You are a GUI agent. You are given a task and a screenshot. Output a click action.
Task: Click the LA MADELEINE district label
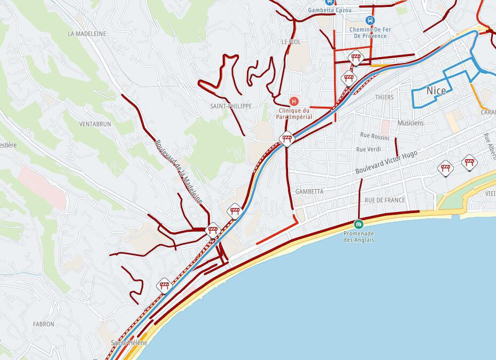pos(87,33)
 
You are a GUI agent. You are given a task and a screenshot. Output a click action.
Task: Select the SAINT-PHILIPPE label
pos(231,106)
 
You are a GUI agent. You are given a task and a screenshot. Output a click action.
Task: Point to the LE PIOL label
pos(291,42)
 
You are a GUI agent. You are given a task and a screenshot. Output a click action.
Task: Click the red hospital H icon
pos(293,101)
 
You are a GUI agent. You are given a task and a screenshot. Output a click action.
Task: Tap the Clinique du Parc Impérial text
pos(293,113)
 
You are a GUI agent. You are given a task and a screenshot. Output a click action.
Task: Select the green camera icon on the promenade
pos(358,223)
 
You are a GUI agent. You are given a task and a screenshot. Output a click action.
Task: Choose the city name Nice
pos(436,91)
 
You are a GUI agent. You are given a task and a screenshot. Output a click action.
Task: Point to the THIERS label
pos(384,97)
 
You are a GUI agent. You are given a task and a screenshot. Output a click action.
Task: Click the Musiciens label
pos(410,123)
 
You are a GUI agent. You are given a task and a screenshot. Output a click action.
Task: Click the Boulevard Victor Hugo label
pos(386,162)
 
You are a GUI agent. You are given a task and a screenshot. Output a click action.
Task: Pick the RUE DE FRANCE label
pos(385,200)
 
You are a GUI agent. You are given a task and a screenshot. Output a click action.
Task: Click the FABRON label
pos(43,324)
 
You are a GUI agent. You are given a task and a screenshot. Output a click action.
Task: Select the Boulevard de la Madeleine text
pos(179,172)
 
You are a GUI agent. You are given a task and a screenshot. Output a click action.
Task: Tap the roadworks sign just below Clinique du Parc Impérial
pos(288,139)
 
